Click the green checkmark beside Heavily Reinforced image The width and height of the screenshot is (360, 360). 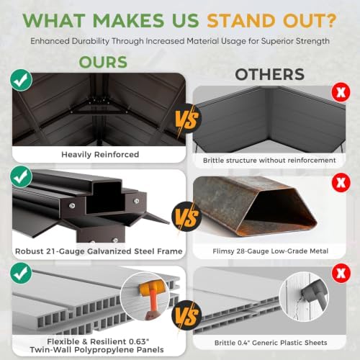(21, 80)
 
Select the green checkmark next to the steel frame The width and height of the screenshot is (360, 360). (21, 176)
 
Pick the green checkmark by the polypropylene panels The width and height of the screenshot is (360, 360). (21, 273)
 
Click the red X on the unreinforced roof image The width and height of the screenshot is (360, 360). (341, 92)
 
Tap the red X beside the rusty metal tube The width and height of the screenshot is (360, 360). (341, 183)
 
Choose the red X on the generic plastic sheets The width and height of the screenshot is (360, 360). (341, 273)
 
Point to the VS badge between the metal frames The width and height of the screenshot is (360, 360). (186, 217)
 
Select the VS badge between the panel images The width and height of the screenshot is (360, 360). (186, 315)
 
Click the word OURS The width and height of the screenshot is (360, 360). (103, 62)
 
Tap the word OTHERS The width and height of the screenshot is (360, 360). (270, 74)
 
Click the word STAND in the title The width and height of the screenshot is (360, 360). (241, 20)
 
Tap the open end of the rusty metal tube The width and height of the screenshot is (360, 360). (279, 207)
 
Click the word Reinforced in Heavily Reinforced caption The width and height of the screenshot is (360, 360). (117, 154)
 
